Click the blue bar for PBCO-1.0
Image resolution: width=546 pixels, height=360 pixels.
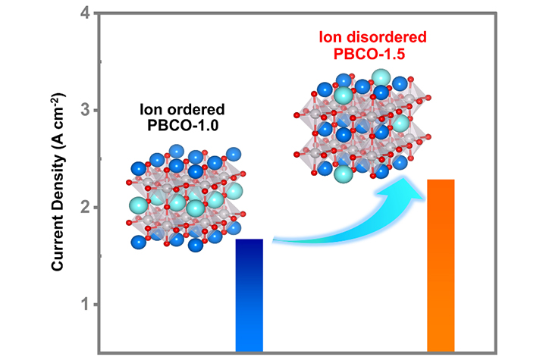point(249,296)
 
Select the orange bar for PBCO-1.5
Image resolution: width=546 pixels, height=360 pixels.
point(441,265)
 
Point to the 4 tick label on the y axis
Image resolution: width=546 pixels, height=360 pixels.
point(85,14)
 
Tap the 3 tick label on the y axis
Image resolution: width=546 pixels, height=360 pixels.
point(85,111)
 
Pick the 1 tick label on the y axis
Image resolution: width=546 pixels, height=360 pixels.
point(85,305)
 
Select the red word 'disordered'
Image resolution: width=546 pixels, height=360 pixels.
point(388,36)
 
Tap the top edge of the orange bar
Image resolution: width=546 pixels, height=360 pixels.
point(441,180)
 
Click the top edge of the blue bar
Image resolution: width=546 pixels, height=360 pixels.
point(249,239)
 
